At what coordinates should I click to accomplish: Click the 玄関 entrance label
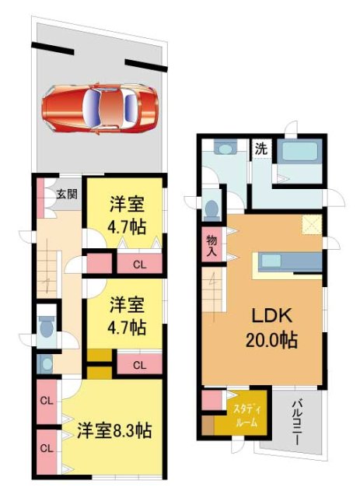pyautogui.click(x=65, y=194)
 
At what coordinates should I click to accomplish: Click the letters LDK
pyautogui.click(x=270, y=317)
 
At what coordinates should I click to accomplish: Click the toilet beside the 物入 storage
pyautogui.click(x=212, y=208)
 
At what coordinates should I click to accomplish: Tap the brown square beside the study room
pyautogui.click(x=208, y=426)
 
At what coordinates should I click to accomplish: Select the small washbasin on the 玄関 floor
pyautogui.click(x=44, y=363)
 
